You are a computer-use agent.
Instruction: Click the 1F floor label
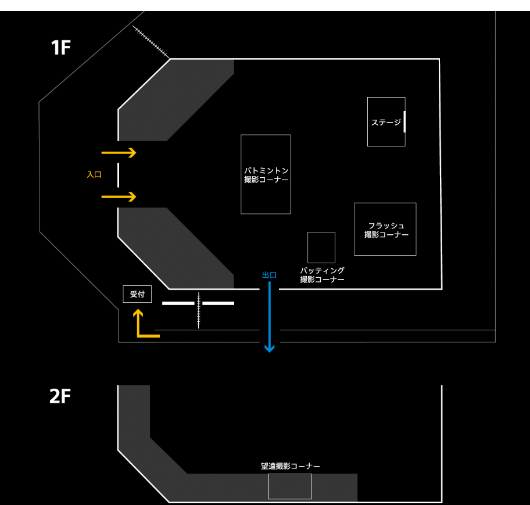(61, 48)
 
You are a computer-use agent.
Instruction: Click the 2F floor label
(60, 396)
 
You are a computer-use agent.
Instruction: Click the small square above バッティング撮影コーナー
(321, 247)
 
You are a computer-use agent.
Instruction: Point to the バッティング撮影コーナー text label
(322, 275)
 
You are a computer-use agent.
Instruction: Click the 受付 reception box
(137, 294)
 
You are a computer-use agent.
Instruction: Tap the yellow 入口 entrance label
(94, 174)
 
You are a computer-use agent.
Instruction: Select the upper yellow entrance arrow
(119, 153)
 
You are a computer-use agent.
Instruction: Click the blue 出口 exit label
(269, 275)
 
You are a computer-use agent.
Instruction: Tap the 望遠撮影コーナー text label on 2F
(291, 466)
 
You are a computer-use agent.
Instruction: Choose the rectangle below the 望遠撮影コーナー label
(289, 486)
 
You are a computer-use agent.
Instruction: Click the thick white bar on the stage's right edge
(404, 122)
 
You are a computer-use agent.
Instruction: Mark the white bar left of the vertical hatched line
(178, 303)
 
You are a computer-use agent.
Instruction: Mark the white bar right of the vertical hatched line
(219, 303)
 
